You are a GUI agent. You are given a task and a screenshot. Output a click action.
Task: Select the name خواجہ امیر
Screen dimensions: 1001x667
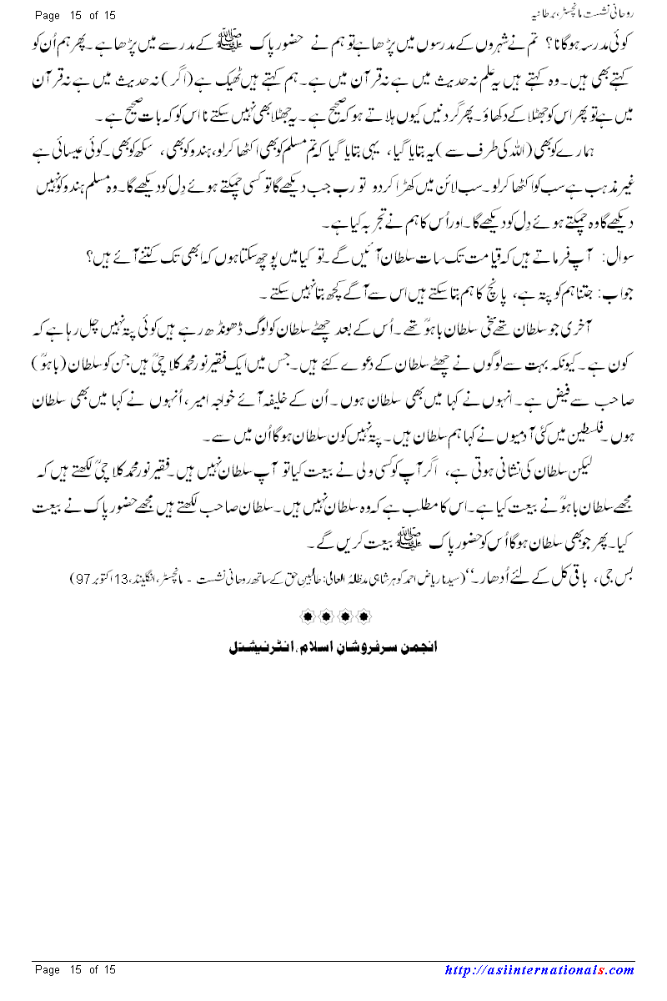[213, 409]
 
